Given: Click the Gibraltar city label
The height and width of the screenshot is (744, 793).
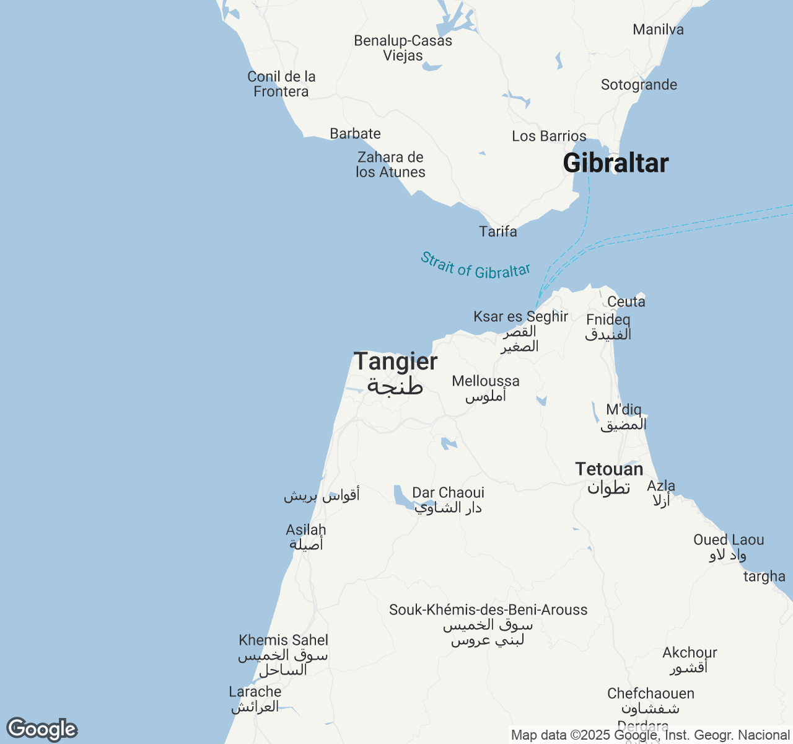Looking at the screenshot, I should tap(616, 163).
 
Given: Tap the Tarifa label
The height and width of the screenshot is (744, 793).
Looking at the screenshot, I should tap(498, 232).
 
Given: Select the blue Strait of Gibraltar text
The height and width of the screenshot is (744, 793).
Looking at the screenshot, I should tap(475, 266).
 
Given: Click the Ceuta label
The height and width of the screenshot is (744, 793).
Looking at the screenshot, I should tap(626, 302).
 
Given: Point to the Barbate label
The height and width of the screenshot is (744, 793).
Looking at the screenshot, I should tap(355, 134).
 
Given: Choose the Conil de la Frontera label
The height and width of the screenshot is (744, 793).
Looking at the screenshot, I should tap(281, 84).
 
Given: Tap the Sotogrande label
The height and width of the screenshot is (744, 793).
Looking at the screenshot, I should tap(639, 85).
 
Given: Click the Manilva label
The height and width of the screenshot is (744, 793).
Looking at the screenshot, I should tap(658, 30).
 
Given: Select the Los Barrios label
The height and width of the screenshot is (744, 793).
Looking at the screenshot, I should tap(549, 136).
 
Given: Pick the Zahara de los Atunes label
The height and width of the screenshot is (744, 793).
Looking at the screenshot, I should tap(390, 165).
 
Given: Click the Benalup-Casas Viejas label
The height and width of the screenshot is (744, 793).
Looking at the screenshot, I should tap(403, 48).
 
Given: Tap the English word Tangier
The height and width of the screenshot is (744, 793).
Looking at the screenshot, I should tap(395, 361).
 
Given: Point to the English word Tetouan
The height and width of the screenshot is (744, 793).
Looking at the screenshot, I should tap(609, 469).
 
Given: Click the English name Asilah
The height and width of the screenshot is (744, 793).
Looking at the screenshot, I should tap(305, 530).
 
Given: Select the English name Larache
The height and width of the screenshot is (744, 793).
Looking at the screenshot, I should tap(255, 692).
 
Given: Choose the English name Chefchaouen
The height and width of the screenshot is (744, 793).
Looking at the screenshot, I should tap(651, 694).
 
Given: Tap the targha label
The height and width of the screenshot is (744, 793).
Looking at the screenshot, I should tap(764, 577).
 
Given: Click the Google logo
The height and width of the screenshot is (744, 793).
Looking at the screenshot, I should tap(42, 729).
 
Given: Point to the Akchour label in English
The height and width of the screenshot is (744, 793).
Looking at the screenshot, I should tap(690, 653).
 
